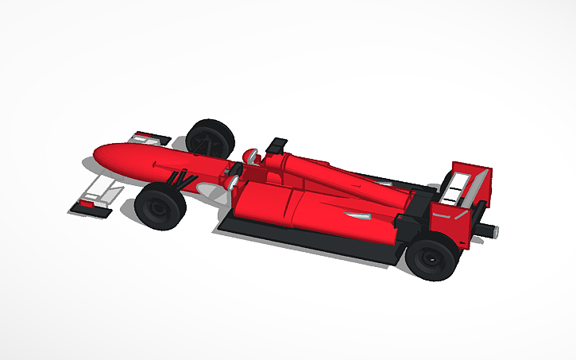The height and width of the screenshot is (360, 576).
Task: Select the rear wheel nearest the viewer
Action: (432, 256)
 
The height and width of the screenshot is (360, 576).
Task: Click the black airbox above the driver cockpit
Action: (278, 145)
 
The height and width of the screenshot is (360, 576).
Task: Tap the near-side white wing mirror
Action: (233, 182)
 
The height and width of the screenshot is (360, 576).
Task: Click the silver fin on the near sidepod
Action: (355, 215)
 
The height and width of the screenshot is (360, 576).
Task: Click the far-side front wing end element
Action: (151, 137)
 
